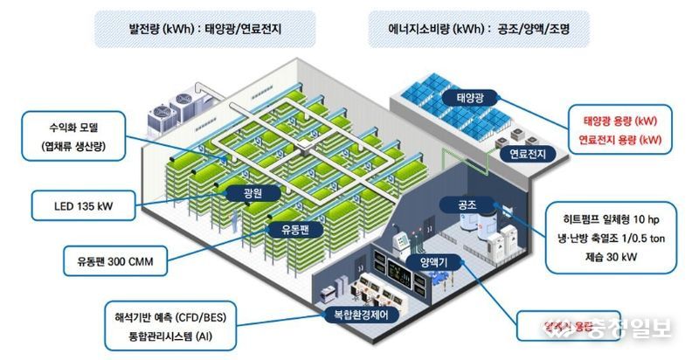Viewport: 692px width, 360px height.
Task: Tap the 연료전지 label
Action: tap(521, 154)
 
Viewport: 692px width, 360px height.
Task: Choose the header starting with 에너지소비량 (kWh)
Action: tap(476, 28)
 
